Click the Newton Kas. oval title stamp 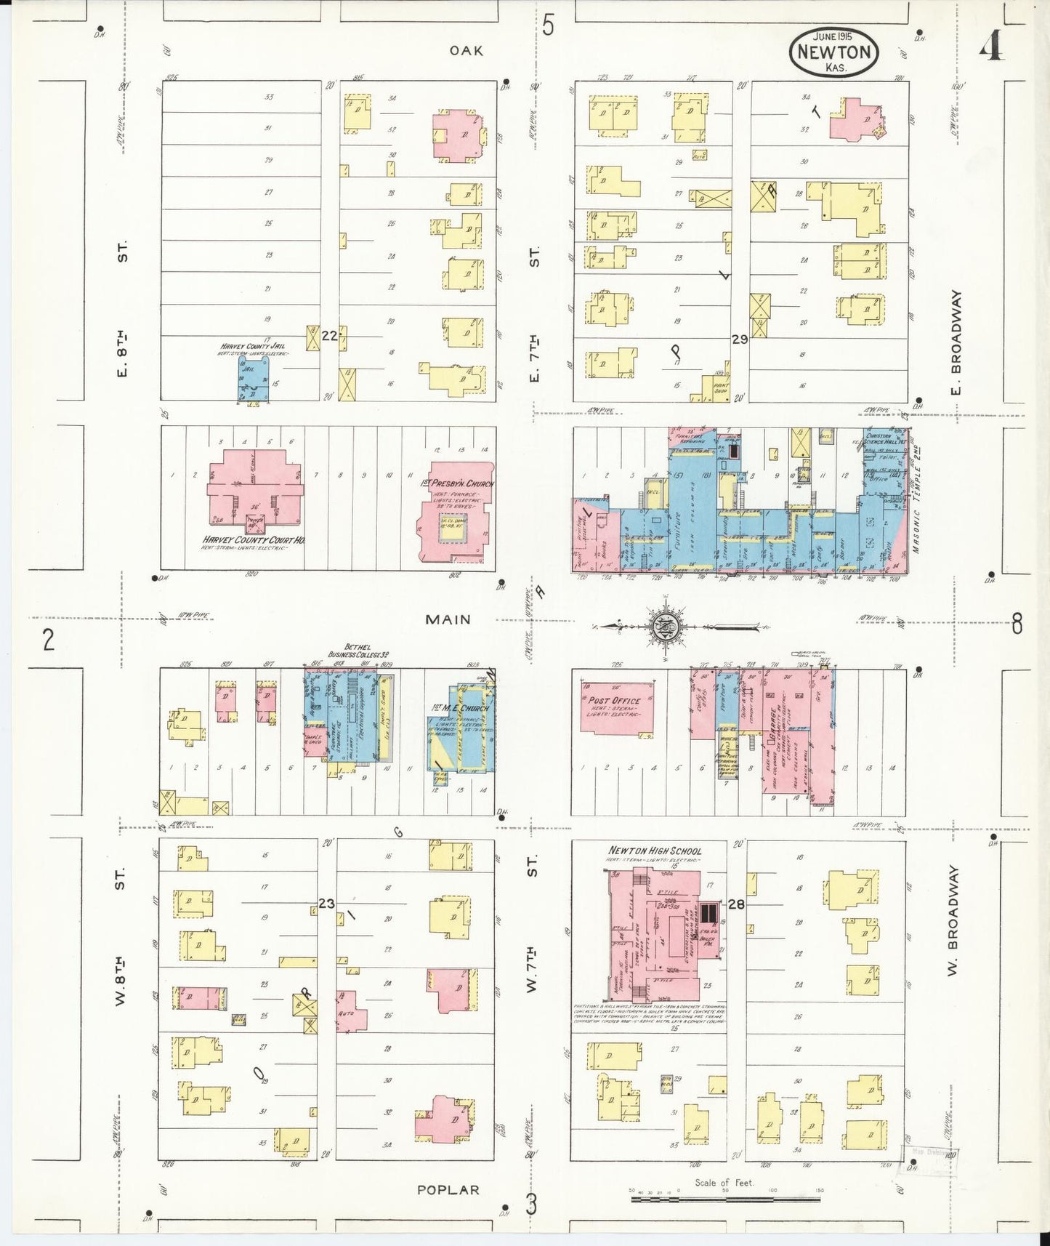pos(834,52)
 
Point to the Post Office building pos(615,707)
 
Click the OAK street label pos(466,50)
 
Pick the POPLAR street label pos(448,1190)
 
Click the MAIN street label pos(448,619)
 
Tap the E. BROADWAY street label pos(956,333)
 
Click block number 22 pos(329,336)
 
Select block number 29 pos(740,339)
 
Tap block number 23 pos(326,904)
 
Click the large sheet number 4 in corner pos(991,49)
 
